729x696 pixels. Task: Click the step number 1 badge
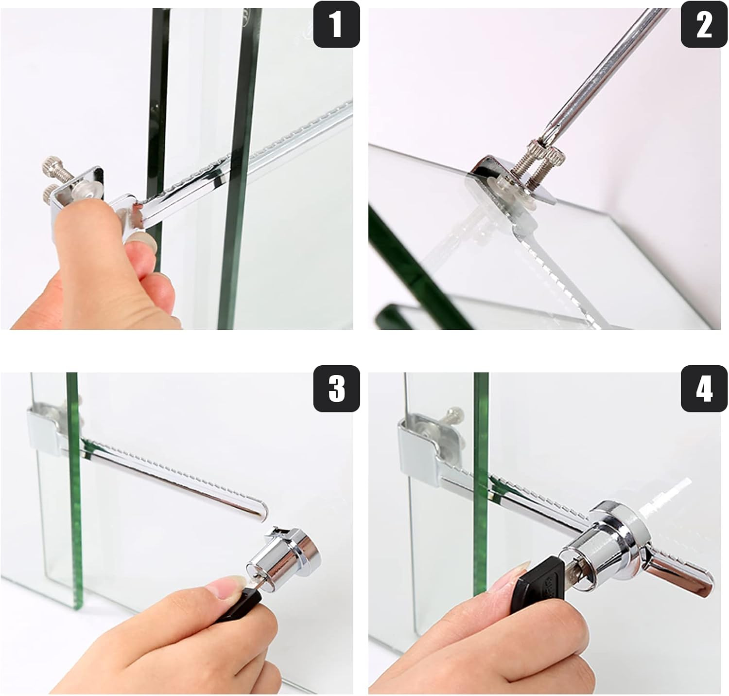(336, 24)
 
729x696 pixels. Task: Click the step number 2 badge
(704, 24)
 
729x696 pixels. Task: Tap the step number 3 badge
(336, 389)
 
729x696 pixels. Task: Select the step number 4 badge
(704, 389)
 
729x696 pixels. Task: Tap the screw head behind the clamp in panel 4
(456, 413)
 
